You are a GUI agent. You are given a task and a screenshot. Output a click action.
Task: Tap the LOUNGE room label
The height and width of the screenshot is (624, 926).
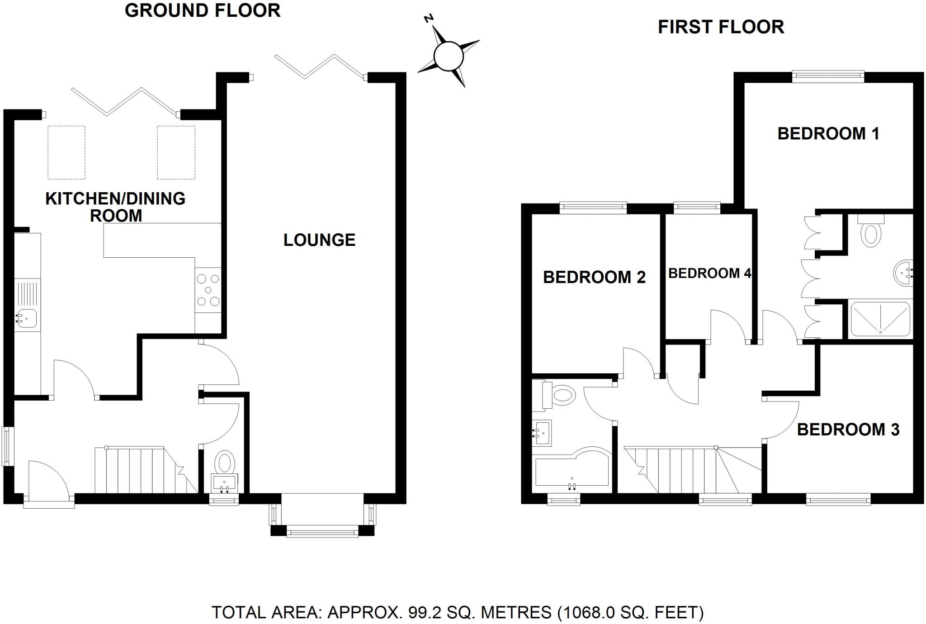319,240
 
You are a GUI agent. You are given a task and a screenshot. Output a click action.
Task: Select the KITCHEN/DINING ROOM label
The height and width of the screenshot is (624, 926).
116,207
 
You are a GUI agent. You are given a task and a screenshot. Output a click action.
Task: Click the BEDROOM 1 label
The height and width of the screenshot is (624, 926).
828,134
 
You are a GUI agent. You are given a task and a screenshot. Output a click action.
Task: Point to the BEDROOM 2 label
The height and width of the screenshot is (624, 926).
594,277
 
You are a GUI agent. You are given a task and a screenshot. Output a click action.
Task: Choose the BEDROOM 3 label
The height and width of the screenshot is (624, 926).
848,429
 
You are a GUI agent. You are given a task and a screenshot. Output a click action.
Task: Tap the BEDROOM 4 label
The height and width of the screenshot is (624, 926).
709,274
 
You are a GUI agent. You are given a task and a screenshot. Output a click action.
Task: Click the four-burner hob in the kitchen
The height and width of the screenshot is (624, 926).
208,290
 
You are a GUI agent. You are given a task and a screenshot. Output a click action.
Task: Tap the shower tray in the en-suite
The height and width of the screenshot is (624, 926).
880,319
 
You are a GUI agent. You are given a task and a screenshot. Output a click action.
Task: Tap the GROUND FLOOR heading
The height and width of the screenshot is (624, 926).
203,10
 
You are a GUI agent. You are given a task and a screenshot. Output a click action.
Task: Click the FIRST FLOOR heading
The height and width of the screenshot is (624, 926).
721,27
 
